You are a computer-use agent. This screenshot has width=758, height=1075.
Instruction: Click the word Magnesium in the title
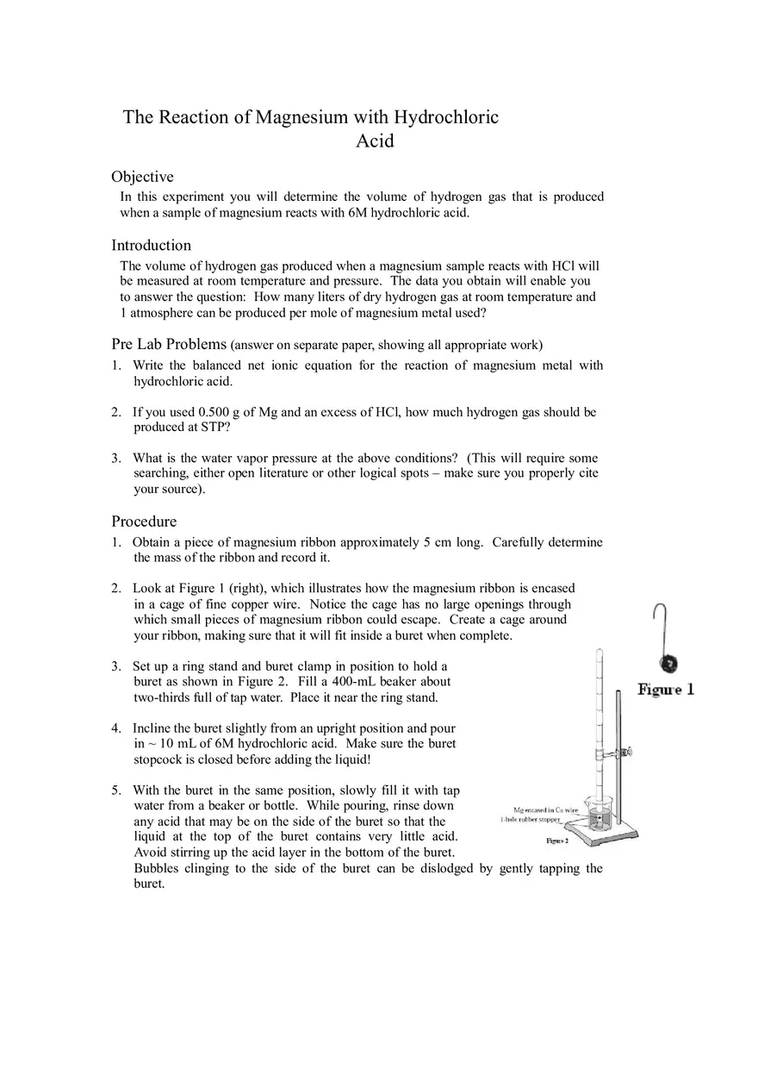(301, 117)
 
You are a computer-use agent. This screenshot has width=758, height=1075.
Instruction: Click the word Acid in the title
(375, 141)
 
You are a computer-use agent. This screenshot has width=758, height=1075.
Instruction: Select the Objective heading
(142, 177)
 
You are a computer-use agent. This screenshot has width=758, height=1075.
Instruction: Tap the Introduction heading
(151, 246)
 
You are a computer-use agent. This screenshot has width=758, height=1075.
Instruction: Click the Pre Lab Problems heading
(169, 344)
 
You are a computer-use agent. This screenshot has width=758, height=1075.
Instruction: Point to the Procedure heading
(144, 522)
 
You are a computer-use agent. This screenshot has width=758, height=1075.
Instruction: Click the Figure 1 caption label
(666, 690)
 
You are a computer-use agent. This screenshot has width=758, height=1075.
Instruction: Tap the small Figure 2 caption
(557, 840)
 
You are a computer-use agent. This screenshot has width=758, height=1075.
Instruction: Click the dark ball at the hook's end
(668, 664)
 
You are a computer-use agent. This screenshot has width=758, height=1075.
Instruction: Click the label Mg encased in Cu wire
(545, 810)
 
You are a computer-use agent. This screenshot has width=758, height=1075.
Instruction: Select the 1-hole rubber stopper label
(531, 820)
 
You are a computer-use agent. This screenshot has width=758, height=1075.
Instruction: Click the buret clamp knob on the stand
(629, 752)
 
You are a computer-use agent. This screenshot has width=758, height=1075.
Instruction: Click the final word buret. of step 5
(149, 884)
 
